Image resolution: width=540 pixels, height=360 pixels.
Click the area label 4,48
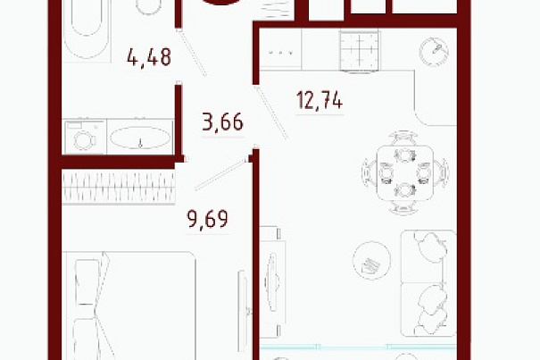tap(149, 57)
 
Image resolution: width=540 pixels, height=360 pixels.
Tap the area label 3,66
tap(222, 121)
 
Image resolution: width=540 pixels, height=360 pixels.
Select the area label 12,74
tap(320, 100)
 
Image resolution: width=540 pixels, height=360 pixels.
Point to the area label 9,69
tap(207, 219)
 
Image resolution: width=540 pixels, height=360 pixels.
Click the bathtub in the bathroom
tap(87, 31)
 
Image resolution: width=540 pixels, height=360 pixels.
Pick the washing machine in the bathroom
tap(85, 137)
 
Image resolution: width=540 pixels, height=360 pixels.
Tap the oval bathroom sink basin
tap(140, 138)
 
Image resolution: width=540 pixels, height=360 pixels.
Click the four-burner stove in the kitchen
tap(360, 51)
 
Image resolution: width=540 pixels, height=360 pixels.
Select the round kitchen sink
tap(434, 52)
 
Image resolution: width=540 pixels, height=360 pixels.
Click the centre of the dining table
tap(405, 173)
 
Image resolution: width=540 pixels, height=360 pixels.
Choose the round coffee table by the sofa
tap(371, 260)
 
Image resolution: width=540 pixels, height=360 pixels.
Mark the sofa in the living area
tap(428, 283)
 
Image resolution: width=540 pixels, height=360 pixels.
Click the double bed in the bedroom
tap(129, 306)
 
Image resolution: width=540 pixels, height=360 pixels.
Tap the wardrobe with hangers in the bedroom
tap(119, 187)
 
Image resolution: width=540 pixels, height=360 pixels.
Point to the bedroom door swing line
tap(220, 174)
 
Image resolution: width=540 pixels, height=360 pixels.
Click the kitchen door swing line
tap(271, 113)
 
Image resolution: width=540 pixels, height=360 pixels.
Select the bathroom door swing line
tap(193, 53)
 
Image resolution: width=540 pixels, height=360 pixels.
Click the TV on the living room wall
tap(272, 282)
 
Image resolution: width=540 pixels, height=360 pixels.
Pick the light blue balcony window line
tap(358, 347)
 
